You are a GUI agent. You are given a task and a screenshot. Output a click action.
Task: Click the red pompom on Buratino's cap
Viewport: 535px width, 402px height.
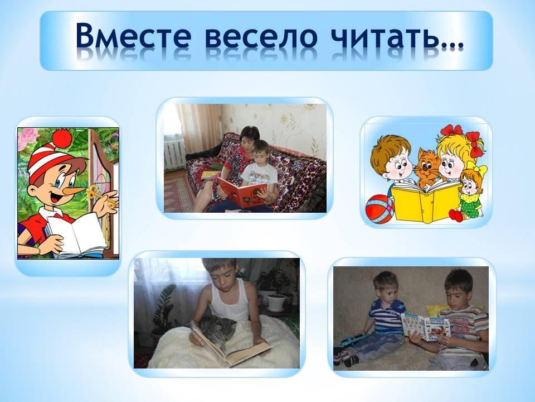pos(62,138)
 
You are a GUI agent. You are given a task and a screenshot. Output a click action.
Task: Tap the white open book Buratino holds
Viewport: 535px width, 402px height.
pos(77,234)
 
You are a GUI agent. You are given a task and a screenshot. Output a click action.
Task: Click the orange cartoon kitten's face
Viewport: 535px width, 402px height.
pos(426,166)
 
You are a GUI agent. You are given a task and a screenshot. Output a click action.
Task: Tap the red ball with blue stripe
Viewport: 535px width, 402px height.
pos(380,209)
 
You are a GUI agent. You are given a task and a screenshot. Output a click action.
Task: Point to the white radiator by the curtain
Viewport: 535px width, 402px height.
pos(174,152)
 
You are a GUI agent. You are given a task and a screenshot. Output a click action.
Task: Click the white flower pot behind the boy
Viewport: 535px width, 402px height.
pos(276,303)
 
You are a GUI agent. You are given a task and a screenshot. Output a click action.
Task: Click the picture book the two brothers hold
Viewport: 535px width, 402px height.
pos(425,327)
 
